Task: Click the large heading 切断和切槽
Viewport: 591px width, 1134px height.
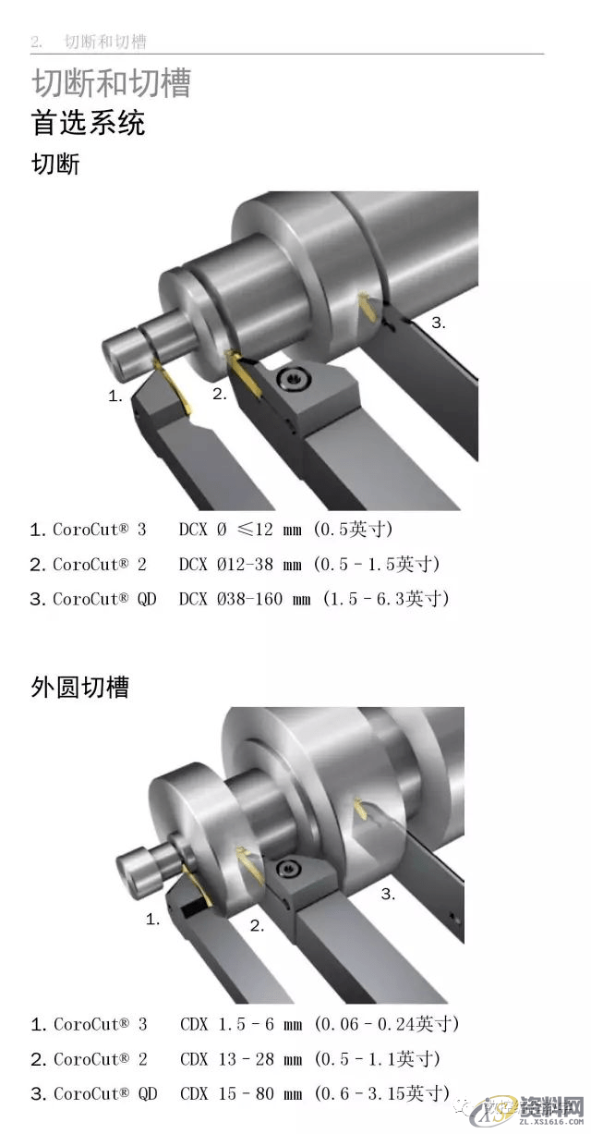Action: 111,83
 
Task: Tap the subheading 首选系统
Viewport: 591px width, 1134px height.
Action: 89,123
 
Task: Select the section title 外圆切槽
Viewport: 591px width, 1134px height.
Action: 80,688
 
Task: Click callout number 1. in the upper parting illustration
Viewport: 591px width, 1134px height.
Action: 115,396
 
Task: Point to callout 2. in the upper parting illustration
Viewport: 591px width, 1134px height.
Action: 219,394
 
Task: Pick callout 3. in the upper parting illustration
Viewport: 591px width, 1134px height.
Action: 439,323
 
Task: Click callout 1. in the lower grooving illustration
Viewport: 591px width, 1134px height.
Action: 153,919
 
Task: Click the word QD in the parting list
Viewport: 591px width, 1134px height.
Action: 146,599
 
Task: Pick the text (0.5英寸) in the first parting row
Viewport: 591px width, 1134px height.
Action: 355,530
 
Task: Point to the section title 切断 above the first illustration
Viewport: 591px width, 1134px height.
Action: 56,165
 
